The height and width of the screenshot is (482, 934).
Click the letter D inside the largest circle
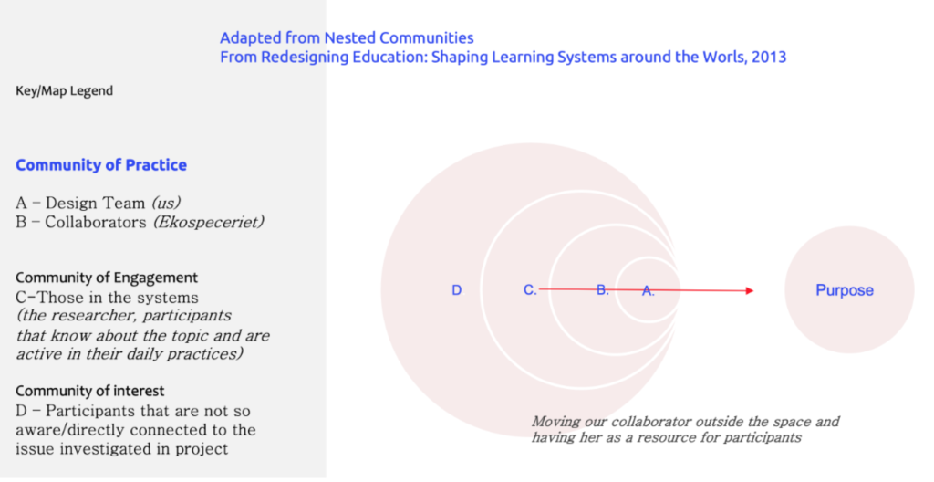tap(456, 290)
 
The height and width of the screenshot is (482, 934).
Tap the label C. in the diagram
tap(530, 290)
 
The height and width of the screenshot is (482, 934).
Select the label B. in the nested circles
tap(603, 290)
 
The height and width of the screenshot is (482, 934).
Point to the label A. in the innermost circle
tap(649, 291)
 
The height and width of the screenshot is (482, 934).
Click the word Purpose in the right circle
tap(845, 290)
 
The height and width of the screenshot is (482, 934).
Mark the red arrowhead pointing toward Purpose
tap(750, 290)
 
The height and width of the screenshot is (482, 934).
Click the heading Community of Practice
tap(101, 165)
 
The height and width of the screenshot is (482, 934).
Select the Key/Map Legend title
tap(65, 91)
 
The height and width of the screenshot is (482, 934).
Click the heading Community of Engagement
tap(107, 278)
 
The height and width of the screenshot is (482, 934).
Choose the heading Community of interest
tap(90, 392)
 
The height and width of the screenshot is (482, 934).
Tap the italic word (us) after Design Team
tap(166, 204)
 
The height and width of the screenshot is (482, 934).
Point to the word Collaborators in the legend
tap(95, 222)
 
